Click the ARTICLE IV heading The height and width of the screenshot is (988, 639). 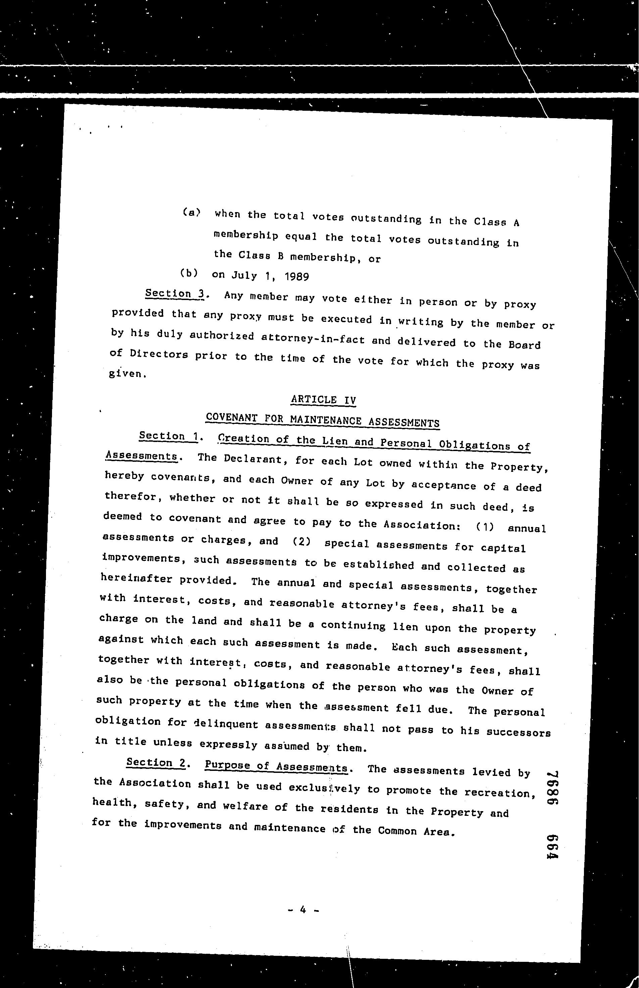[x=323, y=400]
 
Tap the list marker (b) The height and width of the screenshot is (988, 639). [x=189, y=273]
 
